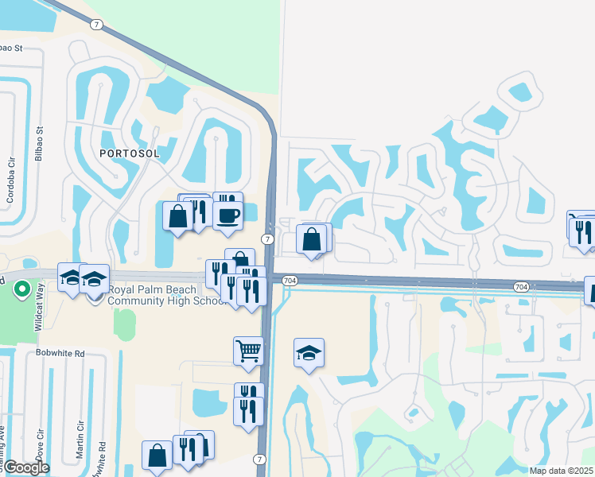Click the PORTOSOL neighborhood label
[x=130, y=153]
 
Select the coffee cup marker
[x=228, y=215]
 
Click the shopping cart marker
[x=248, y=350]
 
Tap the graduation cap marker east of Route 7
[x=309, y=353]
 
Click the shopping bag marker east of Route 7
[x=312, y=238]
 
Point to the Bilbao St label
[x=39, y=143]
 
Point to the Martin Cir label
[x=80, y=437]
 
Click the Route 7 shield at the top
[x=96, y=25]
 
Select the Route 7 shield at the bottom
[x=259, y=460]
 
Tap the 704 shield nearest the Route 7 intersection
[x=290, y=281]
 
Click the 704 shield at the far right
[x=521, y=286]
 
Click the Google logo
[x=26, y=467]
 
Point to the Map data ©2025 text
[x=562, y=471]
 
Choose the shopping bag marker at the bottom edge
[x=157, y=455]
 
